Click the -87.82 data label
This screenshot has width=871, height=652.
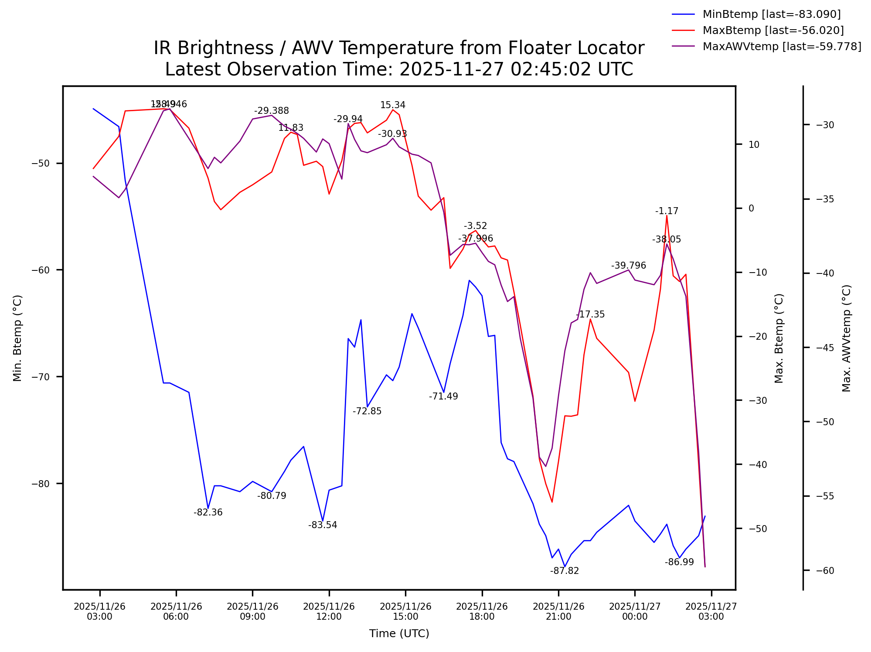pyautogui.click(x=564, y=571)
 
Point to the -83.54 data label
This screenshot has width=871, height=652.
pyautogui.click(x=323, y=525)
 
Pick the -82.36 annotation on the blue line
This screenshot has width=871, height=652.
pyautogui.click(x=208, y=512)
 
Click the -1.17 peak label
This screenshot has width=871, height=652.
pyautogui.click(x=667, y=211)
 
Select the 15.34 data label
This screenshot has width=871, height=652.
pyautogui.click(x=393, y=105)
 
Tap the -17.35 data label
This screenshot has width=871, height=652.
pyautogui.click(x=590, y=314)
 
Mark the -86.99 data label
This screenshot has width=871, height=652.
pyautogui.click(x=679, y=562)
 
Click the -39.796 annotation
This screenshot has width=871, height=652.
pyautogui.click(x=628, y=266)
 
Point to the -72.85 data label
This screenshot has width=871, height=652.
pyautogui.click(x=367, y=411)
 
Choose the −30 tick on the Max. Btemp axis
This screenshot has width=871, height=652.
pyautogui.click(x=757, y=400)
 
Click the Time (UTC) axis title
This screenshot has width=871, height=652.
pyautogui.click(x=399, y=634)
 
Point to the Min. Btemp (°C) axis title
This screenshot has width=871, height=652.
pyautogui.click(x=17, y=338)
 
